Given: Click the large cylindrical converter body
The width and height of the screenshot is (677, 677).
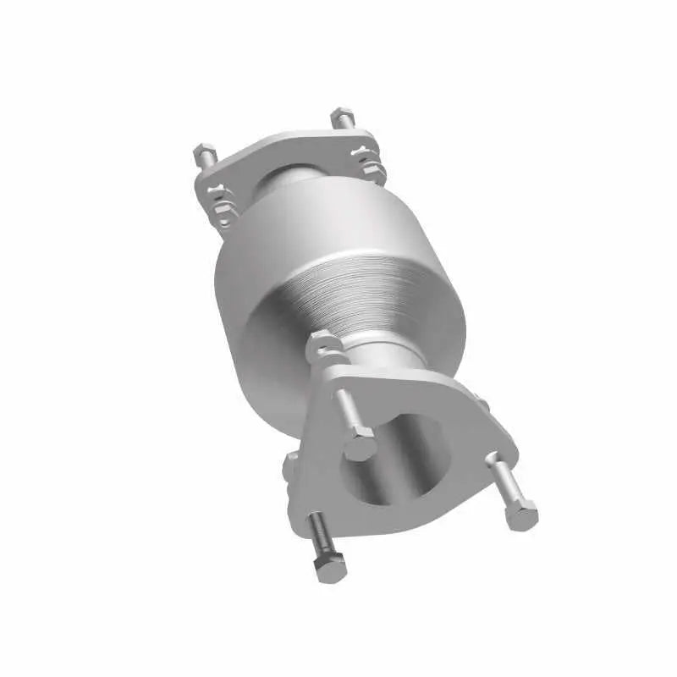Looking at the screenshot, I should (x=279, y=288).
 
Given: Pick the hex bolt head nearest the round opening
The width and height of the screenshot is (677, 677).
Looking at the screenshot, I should (x=360, y=444).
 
